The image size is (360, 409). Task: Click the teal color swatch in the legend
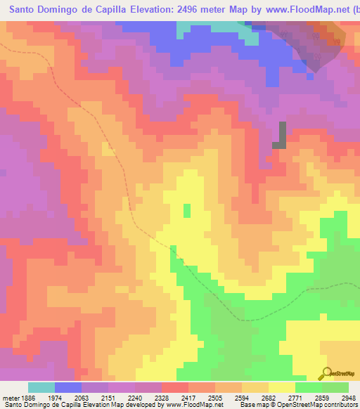coord(41,387)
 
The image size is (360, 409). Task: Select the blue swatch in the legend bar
coord(68,387)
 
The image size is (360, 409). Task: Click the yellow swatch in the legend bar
coord(282,387)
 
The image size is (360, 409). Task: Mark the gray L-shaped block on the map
coord(281,136)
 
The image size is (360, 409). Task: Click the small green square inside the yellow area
coord(187,210)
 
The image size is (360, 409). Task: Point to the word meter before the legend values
coord(10,397)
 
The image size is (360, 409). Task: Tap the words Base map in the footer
coord(253,405)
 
